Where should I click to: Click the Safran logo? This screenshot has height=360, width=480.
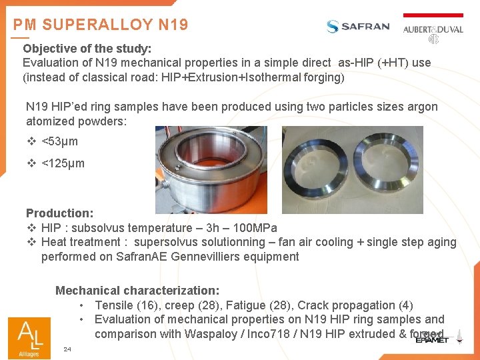pyautogui.click(x=358, y=27)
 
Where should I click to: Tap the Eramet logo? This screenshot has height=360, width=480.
pyautogui.click(x=432, y=339)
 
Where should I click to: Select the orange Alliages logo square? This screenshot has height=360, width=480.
pyautogui.click(x=29, y=337)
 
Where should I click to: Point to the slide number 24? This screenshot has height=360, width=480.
pyautogui.click(x=67, y=349)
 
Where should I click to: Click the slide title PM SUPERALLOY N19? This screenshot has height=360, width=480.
pyautogui.click(x=101, y=25)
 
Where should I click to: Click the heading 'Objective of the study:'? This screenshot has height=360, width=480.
pyautogui.click(x=87, y=49)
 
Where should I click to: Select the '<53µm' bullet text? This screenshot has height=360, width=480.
pyautogui.click(x=59, y=141)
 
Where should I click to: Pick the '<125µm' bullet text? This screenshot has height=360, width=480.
pyautogui.click(x=63, y=163)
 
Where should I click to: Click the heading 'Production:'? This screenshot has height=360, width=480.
pyautogui.click(x=59, y=213)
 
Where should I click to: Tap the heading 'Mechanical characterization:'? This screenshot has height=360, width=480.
pyautogui.click(x=137, y=291)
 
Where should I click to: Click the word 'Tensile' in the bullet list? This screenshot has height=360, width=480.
pyautogui.click(x=114, y=305)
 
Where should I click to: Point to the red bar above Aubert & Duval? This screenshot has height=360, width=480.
pyautogui.click(x=433, y=15)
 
